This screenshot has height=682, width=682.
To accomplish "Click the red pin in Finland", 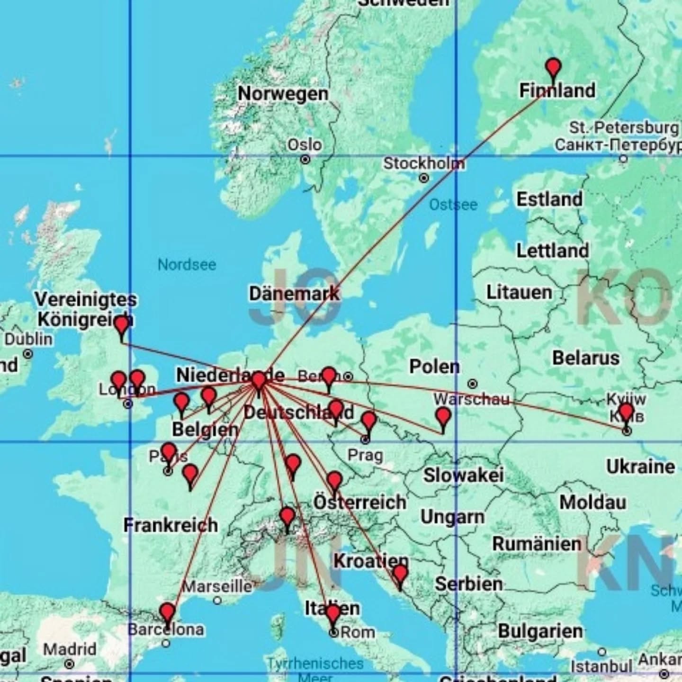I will (553, 68).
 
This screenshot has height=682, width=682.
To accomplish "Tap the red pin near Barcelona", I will (167, 612).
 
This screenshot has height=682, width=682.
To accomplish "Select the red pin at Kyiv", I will (626, 412).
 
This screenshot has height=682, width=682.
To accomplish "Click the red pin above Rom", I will (333, 614).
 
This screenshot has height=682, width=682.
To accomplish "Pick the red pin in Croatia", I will (400, 574).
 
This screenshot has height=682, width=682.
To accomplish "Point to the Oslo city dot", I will (305, 160).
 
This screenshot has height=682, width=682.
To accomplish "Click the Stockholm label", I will (423, 164).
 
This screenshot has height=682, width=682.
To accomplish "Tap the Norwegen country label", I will (283, 94).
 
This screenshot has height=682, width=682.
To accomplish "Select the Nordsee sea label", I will (187, 264).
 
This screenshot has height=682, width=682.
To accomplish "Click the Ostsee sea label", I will (453, 205).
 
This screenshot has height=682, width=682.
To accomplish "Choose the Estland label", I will (549, 199).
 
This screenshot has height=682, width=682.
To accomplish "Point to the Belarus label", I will (585, 358).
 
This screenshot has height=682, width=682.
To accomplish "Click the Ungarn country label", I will (452, 517).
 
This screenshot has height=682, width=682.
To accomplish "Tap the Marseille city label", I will (217, 586).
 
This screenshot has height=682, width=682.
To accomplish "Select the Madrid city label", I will (70, 649).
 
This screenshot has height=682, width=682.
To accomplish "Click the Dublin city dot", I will (28, 354).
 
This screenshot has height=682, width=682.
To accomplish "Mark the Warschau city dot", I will (472, 384).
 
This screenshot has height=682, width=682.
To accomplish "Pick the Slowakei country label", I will (463, 475).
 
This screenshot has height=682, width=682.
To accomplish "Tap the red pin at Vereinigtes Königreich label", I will (122, 325).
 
